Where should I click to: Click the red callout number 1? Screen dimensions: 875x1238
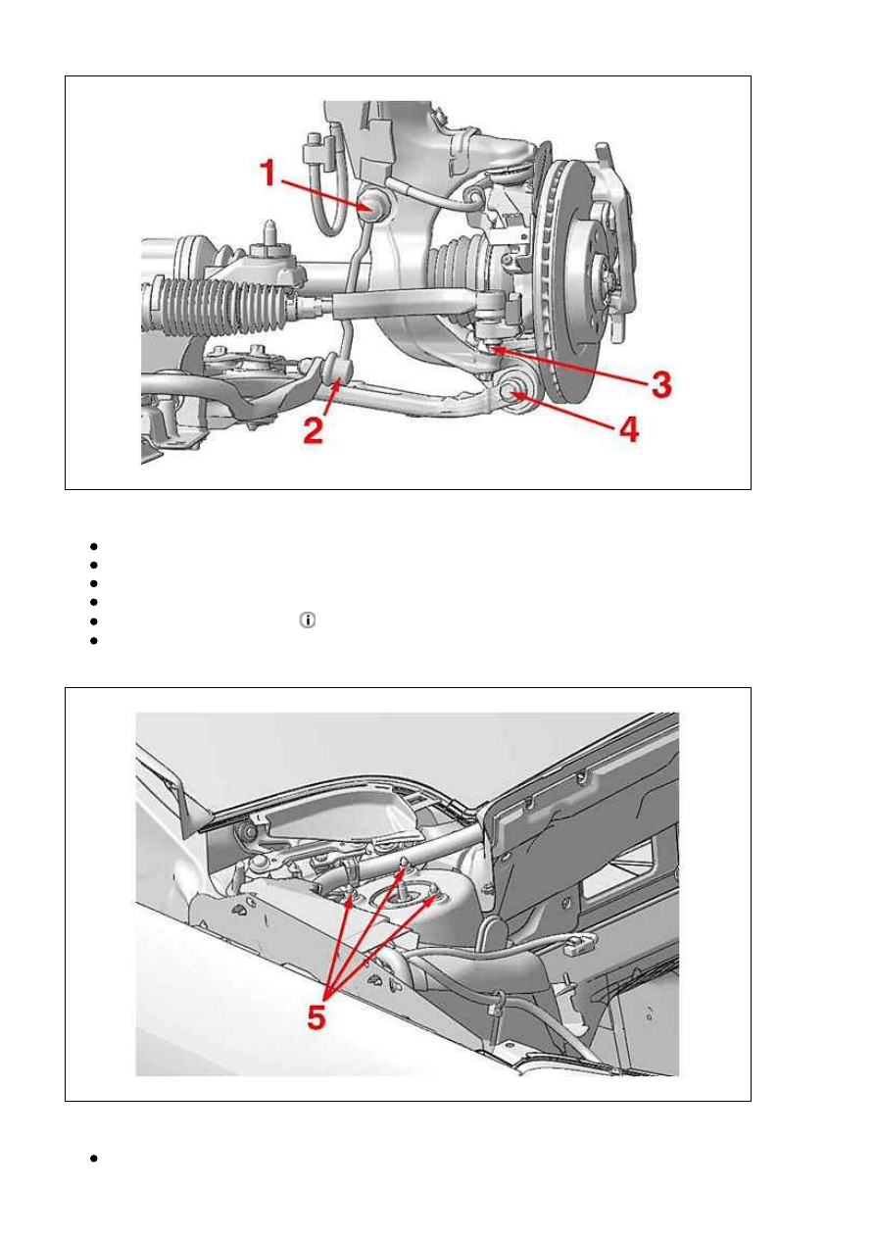(268, 173)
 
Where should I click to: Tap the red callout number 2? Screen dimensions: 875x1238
(314, 429)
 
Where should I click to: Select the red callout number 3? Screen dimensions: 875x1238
(660, 383)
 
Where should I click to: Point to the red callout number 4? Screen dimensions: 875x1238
(629, 429)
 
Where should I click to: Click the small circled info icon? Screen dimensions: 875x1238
(307, 620)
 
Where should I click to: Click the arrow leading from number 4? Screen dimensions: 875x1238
(564, 411)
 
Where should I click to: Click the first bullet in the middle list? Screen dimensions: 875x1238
(93, 547)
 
